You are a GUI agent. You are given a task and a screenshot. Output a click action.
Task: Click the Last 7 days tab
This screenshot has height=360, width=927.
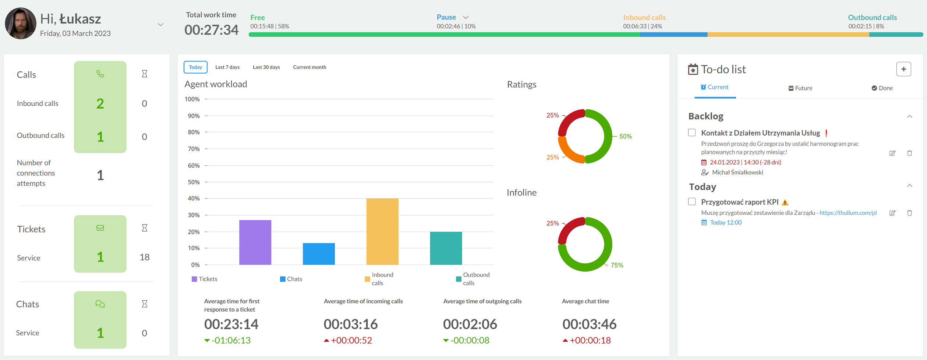pos(227,67)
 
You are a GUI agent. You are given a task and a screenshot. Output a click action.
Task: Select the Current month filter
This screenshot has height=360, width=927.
pos(309,67)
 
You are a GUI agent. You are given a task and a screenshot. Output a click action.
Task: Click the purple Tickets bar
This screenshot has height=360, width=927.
pos(255,242)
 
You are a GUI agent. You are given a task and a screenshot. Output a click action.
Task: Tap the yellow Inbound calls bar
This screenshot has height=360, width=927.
pos(382,232)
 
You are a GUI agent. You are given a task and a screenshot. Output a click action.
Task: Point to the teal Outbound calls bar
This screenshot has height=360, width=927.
pos(446,248)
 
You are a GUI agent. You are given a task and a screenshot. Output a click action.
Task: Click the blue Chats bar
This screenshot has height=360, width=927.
pos(319,254)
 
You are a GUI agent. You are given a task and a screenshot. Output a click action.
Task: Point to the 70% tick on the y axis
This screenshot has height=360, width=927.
pos(206,149)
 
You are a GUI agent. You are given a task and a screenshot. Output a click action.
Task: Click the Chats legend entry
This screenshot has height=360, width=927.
pos(291,279)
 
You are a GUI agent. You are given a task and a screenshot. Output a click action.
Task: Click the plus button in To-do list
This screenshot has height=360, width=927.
pos(903,69)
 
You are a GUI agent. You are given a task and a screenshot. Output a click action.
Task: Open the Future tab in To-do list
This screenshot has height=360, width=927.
pos(800,88)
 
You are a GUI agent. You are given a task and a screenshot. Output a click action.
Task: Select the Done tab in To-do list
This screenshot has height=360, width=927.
pos(882,88)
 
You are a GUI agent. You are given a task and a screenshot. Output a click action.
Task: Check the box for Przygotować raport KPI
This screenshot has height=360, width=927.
pos(692,202)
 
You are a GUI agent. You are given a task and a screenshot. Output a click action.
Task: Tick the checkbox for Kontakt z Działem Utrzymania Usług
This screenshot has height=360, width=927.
pos(692,133)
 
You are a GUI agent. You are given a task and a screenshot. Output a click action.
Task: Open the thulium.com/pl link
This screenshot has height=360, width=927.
pos(848,213)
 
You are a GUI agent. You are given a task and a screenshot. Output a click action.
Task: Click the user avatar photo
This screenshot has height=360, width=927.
pos(21,24)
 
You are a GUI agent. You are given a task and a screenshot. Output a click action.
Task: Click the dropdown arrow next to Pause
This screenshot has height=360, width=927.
pos(466,17)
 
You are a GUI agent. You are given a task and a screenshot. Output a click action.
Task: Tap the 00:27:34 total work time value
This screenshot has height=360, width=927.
pos(212,30)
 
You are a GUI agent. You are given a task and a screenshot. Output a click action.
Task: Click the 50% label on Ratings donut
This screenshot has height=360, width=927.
pos(626,136)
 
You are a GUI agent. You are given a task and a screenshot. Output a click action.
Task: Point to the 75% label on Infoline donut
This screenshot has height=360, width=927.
pos(617,265)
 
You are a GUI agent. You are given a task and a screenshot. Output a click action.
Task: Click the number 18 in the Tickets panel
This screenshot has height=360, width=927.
pos(145,257)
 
